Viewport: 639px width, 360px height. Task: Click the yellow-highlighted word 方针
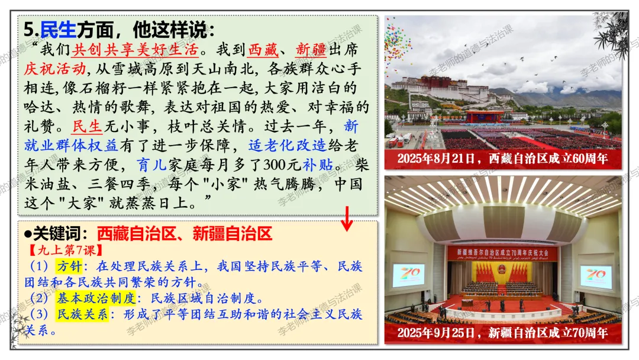click(x=69, y=266)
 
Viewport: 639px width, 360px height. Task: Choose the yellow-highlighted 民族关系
click(x=82, y=314)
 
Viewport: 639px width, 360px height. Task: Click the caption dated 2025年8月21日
click(x=502, y=158)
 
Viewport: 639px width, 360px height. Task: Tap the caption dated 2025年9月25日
click(x=502, y=333)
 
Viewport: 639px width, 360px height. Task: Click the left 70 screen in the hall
click(x=408, y=275)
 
